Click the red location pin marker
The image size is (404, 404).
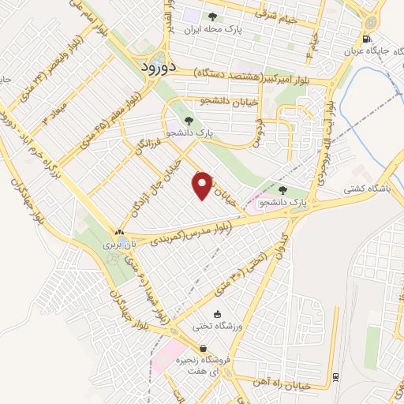tap(203, 185)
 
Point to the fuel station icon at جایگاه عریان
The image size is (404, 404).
tap(365, 39)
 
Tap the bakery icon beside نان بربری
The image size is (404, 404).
tap(118, 233)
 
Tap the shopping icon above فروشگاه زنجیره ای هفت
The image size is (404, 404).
tap(204, 349)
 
